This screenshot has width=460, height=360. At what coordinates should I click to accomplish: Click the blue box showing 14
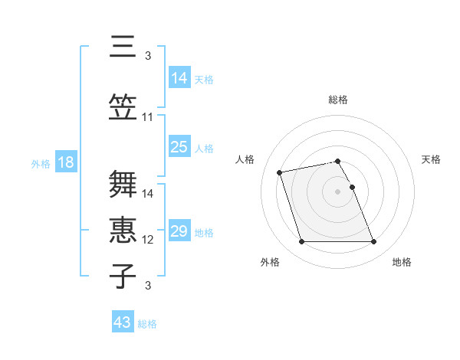tap(179, 77)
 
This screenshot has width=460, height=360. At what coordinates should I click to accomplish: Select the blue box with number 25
tap(179, 147)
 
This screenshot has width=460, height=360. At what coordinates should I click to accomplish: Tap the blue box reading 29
tap(179, 231)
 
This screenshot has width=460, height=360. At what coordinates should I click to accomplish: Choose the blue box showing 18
tap(65, 162)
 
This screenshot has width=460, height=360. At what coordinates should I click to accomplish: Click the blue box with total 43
tap(123, 322)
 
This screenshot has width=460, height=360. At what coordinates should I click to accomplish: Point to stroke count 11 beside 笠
tap(148, 117)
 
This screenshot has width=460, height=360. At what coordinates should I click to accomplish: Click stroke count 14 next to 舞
tap(148, 194)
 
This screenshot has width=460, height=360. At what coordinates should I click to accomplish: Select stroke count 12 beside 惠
tap(148, 240)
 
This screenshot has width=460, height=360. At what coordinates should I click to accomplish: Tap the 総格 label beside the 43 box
tap(147, 324)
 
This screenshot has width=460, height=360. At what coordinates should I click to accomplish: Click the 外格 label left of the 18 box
tap(41, 163)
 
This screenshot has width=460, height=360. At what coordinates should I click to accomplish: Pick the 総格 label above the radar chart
tap(337, 100)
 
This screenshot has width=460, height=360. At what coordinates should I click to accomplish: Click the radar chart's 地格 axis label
tap(402, 262)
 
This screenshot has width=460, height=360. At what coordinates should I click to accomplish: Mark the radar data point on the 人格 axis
tap(280, 172)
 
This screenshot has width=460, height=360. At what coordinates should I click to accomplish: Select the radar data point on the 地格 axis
tap(373, 242)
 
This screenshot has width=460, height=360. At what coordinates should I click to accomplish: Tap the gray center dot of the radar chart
tap(337, 191)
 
